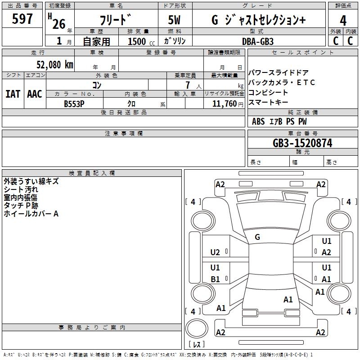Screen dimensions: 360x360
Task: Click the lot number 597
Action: [22, 18]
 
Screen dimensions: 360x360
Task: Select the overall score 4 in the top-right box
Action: [343, 21]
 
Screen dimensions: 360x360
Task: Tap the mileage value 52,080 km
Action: [55, 65]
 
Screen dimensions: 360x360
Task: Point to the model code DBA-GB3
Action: [258, 41]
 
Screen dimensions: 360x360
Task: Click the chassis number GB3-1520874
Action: [302, 143]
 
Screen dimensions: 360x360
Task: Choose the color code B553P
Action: [74, 104]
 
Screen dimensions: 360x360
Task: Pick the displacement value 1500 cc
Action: [141, 41]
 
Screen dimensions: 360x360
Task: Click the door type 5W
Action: [174, 20]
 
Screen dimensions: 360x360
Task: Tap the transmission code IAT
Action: [13, 94]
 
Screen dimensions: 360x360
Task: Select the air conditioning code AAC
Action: [35, 94]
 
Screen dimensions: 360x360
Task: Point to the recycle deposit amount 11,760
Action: [225, 104]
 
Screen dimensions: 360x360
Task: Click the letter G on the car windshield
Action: [257, 237]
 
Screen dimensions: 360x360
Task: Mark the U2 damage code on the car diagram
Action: [215, 252]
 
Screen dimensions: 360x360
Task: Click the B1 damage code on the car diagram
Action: [216, 279]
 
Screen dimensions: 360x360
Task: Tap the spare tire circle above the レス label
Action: [197, 328]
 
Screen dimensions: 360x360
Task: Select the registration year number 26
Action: [59, 24]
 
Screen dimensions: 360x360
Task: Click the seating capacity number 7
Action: [188, 85]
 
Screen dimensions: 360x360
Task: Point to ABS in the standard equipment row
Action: [258, 121]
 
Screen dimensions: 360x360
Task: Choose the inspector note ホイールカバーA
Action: [31, 214]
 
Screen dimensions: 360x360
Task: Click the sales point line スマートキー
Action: [268, 103]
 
